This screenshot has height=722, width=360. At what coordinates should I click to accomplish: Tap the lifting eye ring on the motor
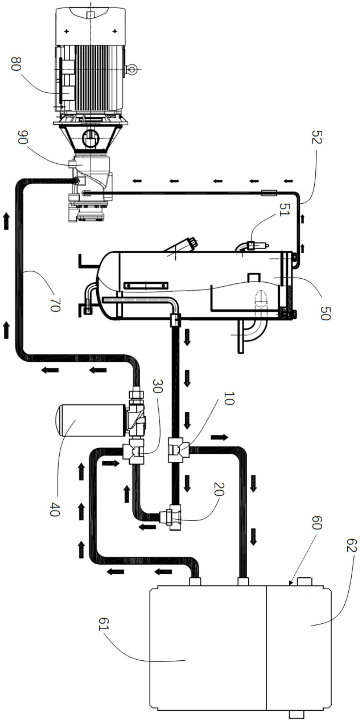click(131, 69)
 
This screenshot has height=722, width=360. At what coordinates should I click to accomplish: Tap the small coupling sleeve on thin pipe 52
click(269, 192)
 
